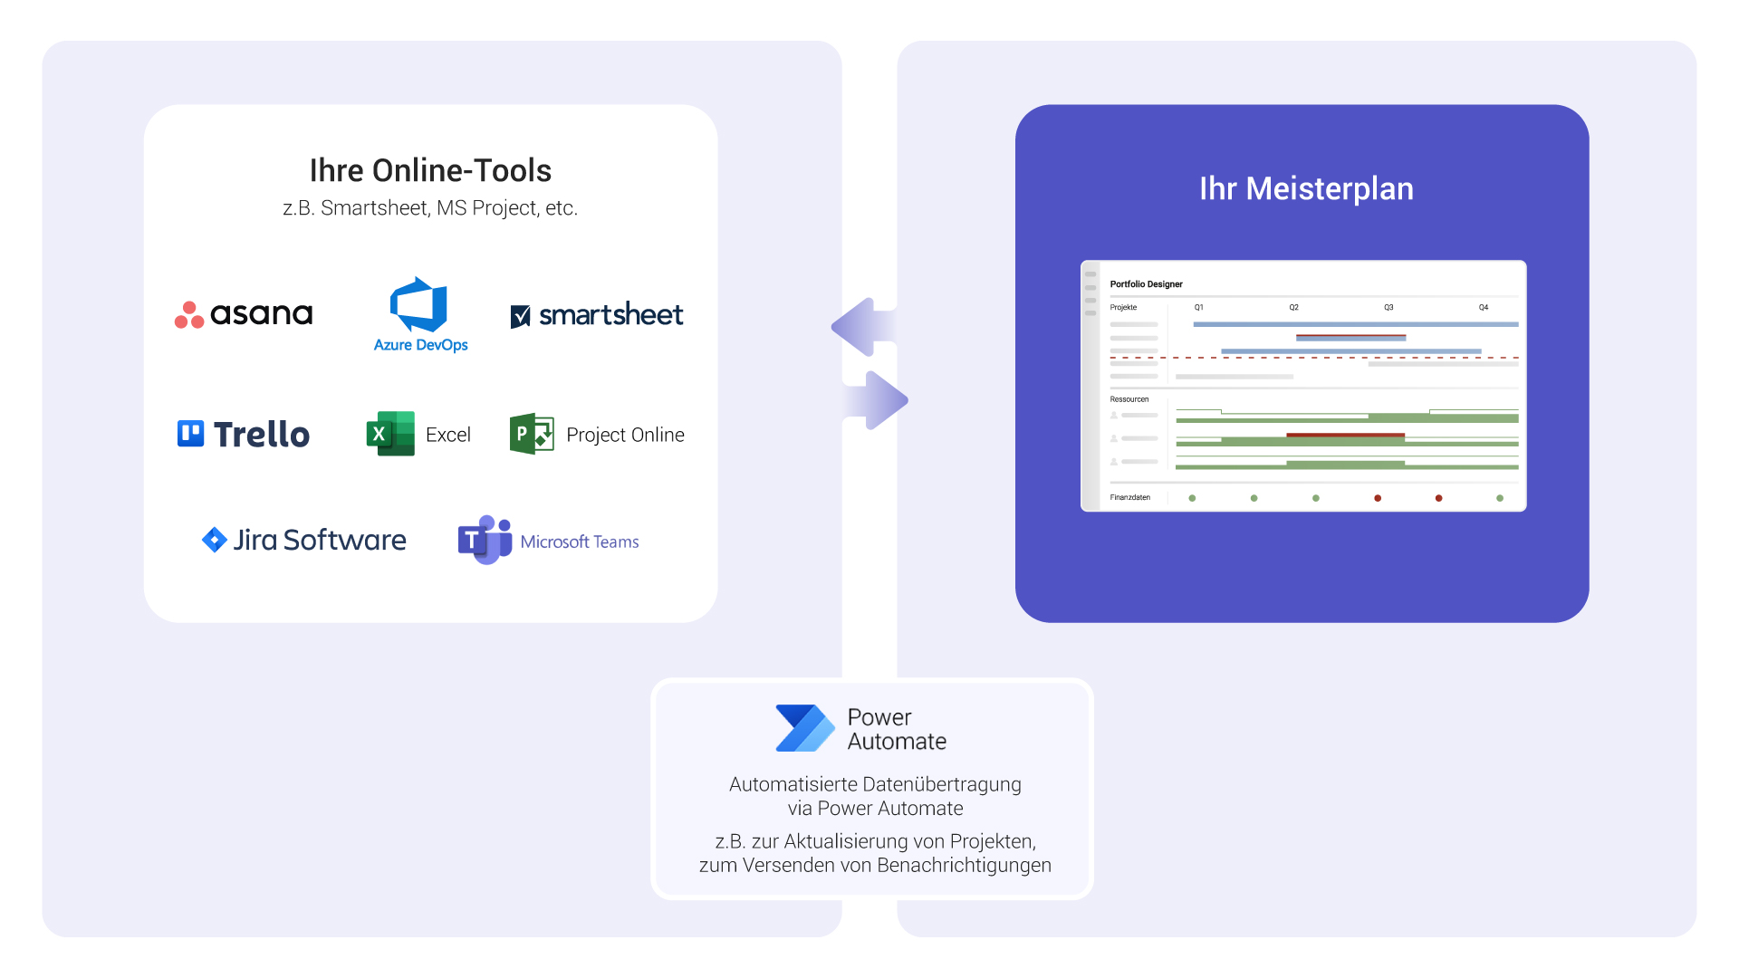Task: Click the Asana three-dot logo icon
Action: tap(189, 315)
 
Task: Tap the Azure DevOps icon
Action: tap(418, 305)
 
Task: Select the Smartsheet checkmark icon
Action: tap(521, 316)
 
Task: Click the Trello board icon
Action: tap(190, 434)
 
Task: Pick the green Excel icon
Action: tap(389, 434)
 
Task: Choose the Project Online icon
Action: tap(532, 434)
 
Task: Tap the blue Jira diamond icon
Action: tap(214, 540)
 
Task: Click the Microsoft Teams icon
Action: tap(484, 540)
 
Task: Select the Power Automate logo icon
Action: tap(803, 728)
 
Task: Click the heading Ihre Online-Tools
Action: tap(430, 170)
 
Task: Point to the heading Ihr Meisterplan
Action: tap(1306, 188)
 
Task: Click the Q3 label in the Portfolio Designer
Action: tap(1388, 308)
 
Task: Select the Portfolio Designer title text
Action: tap(1146, 284)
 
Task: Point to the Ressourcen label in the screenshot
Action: tap(1129, 399)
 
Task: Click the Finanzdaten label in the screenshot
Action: tap(1129, 497)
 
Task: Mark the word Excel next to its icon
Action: tap(448, 435)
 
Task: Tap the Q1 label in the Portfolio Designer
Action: tap(1198, 308)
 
